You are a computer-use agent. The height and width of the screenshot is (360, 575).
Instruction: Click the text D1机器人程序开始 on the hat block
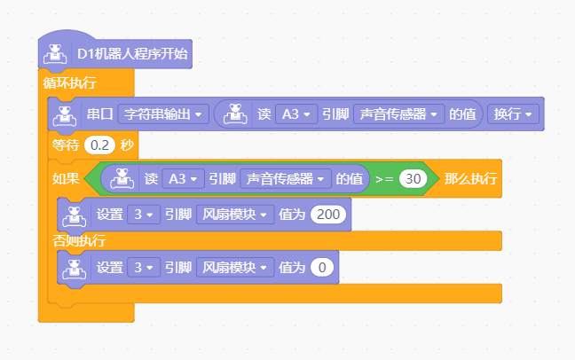click(132, 54)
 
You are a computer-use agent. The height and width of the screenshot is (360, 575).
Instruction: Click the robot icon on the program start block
click(55, 54)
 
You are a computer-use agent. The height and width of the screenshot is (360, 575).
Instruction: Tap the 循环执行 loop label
click(69, 82)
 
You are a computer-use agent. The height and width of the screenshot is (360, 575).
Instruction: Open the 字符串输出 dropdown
click(163, 114)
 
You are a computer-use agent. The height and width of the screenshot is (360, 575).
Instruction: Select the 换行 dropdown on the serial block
click(513, 114)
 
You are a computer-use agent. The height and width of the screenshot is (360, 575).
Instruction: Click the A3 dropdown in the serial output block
click(296, 114)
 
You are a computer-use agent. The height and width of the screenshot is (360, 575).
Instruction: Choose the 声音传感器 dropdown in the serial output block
click(399, 114)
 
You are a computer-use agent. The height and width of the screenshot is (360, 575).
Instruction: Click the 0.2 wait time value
click(99, 145)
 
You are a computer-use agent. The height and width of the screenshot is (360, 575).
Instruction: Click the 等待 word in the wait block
click(66, 145)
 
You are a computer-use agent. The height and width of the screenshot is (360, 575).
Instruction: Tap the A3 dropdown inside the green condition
click(183, 179)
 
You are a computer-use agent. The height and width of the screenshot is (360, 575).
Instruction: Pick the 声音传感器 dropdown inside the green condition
click(286, 179)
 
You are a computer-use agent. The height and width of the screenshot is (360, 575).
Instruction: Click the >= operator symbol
click(384, 179)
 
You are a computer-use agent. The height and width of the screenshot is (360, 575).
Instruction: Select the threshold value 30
click(414, 179)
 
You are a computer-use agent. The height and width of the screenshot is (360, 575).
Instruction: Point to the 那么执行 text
click(470, 179)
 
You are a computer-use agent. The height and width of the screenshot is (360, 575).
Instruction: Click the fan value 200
click(328, 215)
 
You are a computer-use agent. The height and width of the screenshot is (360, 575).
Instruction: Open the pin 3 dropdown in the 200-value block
click(144, 215)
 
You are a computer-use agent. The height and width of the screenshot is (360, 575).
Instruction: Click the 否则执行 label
click(79, 241)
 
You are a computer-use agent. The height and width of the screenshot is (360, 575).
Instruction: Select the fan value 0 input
click(322, 268)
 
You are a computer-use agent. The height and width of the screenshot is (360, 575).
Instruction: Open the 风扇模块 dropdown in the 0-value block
click(235, 268)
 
